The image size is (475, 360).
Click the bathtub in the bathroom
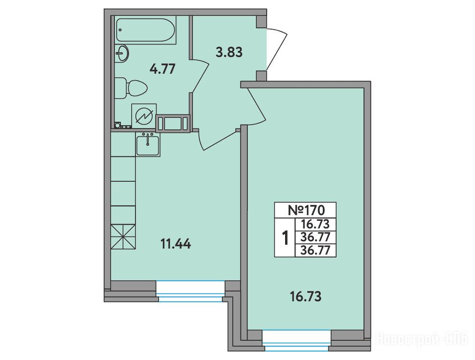(x=145, y=30)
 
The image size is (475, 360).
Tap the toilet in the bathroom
(x=131, y=88)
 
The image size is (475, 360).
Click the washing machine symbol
(x=144, y=117)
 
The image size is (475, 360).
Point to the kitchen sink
(x=148, y=144)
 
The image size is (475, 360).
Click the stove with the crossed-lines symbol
(x=123, y=237)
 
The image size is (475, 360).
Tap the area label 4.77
(x=163, y=69)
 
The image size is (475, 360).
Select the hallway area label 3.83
(x=229, y=52)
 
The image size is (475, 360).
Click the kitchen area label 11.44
(x=176, y=244)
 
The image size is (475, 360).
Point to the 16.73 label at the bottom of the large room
(x=306, y=297)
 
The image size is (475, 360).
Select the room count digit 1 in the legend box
(x=285, y=238)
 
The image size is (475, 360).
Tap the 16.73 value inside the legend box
(x=315, y=225)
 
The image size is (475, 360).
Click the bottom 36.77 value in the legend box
(x=315, y=250)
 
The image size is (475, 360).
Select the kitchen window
(x=191, y=291)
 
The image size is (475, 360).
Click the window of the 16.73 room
(x=296, y=341)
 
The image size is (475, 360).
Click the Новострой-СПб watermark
(x=422, y=338)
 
